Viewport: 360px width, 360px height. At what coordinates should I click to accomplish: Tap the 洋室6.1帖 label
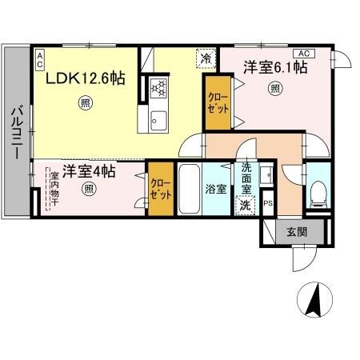tap(274, 68)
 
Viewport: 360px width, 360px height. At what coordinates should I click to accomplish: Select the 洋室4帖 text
tap(89, 171)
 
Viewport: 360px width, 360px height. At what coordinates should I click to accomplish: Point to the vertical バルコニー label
tap(15, 133)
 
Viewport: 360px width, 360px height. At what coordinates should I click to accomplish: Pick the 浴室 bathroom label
tap(215, 190)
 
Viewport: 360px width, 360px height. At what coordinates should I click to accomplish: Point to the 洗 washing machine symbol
tap(246, 204)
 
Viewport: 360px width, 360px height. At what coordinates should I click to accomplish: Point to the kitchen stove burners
tap(158, 86)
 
